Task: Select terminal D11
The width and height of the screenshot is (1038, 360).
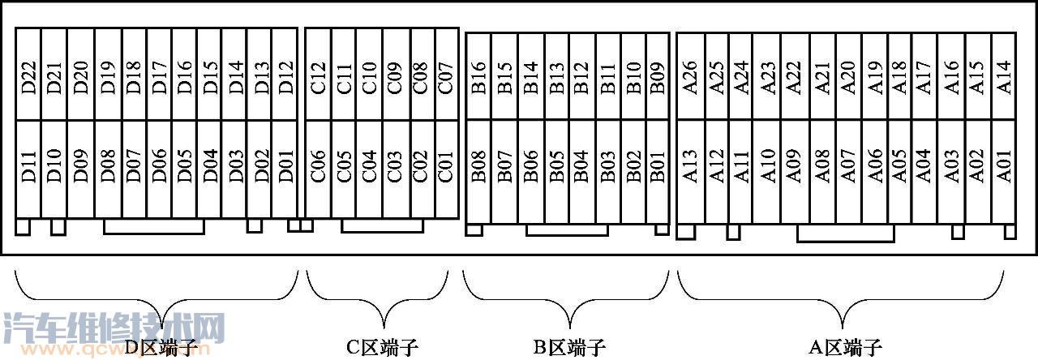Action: coord(29,169)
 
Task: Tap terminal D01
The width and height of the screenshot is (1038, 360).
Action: coord(285,169)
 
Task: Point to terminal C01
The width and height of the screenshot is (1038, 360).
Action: coord(445,169)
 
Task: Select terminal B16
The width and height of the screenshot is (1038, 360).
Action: coord(479,78)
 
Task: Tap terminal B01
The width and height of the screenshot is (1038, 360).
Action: coord(657,167)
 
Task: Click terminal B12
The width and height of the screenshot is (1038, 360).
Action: coord(581,78)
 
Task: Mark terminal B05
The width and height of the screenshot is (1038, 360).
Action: coord(555,167)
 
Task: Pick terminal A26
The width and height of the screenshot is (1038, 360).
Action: coord(690,78)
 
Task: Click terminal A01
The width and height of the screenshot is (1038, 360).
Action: coord(1004,169)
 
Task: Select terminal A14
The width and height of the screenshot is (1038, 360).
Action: coord(1004,78)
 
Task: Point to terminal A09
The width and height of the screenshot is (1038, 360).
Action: coord(794,169)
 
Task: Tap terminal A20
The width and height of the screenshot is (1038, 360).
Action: coord(847,78)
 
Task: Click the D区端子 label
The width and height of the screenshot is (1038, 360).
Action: coord(161,348)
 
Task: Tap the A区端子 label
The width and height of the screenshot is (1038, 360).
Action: coord(845,348)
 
